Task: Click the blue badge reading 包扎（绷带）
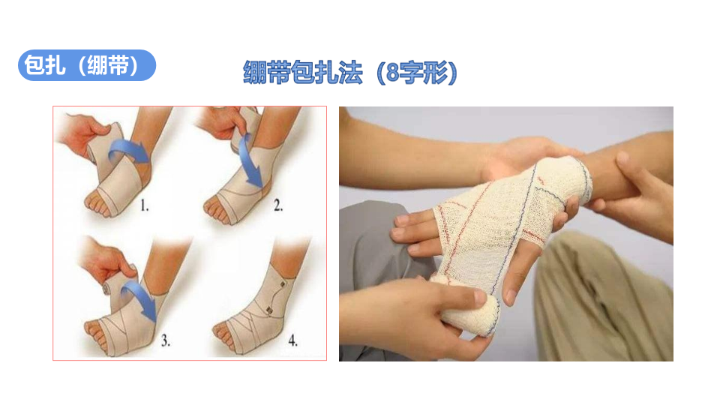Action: click(x=87, y=65)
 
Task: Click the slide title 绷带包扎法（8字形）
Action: click(x=350, y=72)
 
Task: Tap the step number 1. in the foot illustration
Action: click(x=144, y=205)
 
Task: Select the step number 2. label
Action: click(x=277, y=205)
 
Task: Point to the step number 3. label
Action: click(x=165, y=340)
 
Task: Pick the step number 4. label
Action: click(x=292, y=340)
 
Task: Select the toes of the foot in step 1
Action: click(x=97, y=205)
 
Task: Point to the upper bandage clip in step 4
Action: click(x=282, y=283)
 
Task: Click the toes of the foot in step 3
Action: click(x=95, y=334)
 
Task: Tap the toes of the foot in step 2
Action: click(x=216, y=207)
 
